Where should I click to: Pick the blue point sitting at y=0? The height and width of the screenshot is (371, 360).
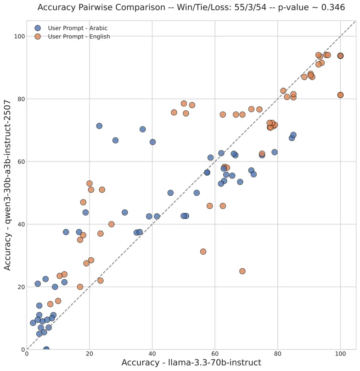[x=46, y=349]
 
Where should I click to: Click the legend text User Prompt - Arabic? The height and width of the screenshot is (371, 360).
[x=78, y=28]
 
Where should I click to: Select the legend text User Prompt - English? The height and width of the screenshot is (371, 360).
[x=79, y=37]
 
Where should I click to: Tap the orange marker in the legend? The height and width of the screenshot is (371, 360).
[x=38, y=37]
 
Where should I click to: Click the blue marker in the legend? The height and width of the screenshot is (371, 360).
[x=38, y=28]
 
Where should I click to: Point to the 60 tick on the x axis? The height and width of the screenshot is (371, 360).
[x=215, y=354]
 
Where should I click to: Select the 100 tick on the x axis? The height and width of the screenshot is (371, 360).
[x=340, y=354]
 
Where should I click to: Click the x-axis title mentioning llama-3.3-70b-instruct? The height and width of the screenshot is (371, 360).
[x=191, y=363]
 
